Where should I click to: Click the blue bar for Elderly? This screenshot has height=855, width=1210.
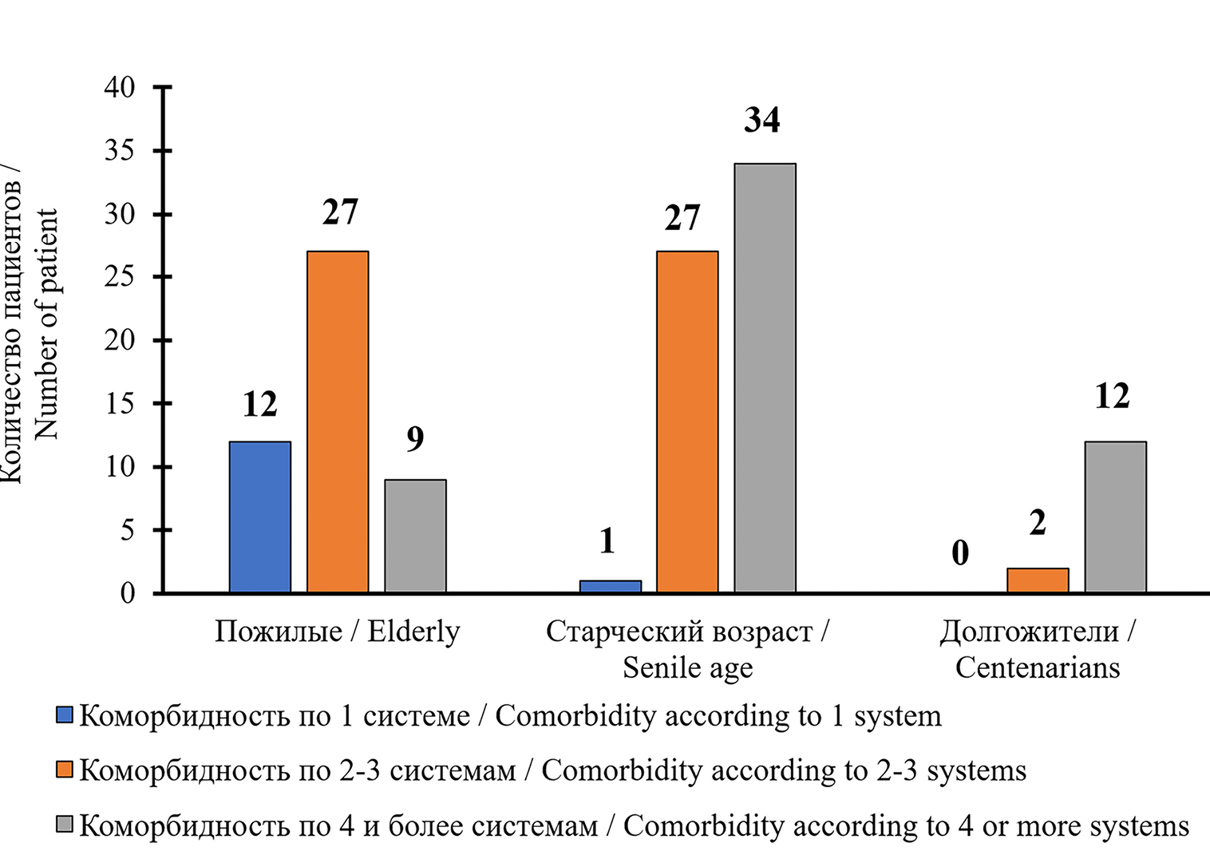point(260,517)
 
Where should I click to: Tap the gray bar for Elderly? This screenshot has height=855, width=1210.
point(415,536)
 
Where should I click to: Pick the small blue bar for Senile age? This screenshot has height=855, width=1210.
point(610,586)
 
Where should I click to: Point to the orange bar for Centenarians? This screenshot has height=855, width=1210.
point(1038,580)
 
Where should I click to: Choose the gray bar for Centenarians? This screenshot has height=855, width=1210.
point(1115,517)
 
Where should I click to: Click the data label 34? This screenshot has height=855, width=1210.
point(762,120)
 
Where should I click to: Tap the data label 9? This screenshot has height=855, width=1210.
point(415,438)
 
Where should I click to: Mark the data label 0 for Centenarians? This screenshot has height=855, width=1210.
point(960,552)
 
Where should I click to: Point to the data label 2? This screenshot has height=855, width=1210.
point(1038,523)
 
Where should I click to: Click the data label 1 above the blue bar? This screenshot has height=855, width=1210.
point(607,541)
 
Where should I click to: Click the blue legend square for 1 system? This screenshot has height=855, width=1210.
point(65,714)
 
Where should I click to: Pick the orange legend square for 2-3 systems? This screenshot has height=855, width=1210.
point(65,770)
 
